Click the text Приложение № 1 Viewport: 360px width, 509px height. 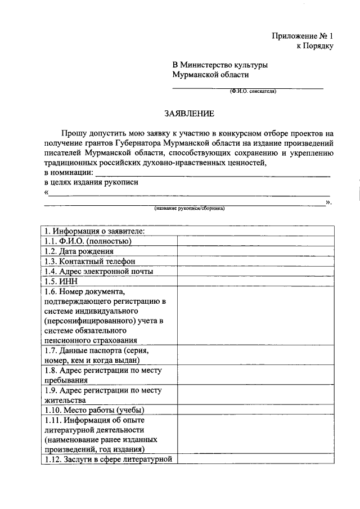point(303,35)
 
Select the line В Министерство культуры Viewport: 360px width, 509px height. point(220,65)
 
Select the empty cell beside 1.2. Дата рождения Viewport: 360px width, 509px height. point(255,251)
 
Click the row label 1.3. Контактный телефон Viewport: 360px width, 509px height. point(90,262)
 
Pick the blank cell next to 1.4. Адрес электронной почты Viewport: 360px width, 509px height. point(255,271)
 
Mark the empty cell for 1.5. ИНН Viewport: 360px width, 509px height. point(255,281)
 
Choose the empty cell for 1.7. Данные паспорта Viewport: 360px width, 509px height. point(255,355)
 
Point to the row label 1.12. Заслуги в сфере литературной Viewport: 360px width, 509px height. point(107,460)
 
